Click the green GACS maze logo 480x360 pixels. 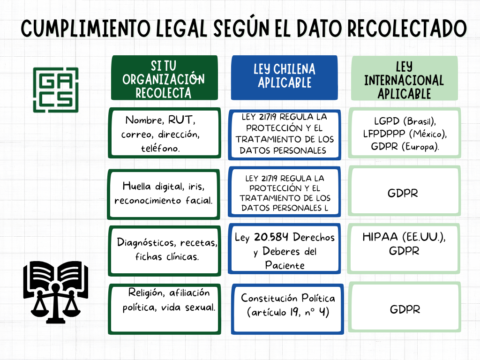[x=55, y=90]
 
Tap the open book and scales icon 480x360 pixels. [x=55, y=292]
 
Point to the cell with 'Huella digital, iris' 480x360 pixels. [x=163, y=193]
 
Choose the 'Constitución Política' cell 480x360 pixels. [x=288, y=304]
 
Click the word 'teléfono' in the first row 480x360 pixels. [x=160, y=149]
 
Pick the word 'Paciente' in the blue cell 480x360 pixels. [x=285, y=265]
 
